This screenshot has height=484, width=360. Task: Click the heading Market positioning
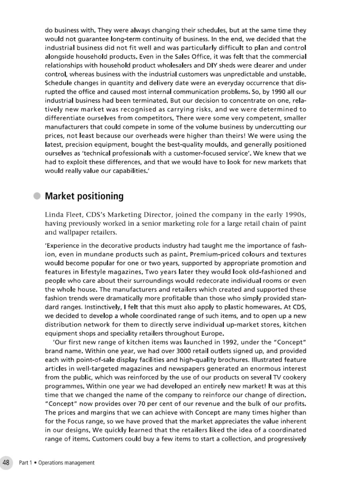(x=84, y=196)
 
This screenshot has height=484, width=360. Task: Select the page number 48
(x=7, y=462)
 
